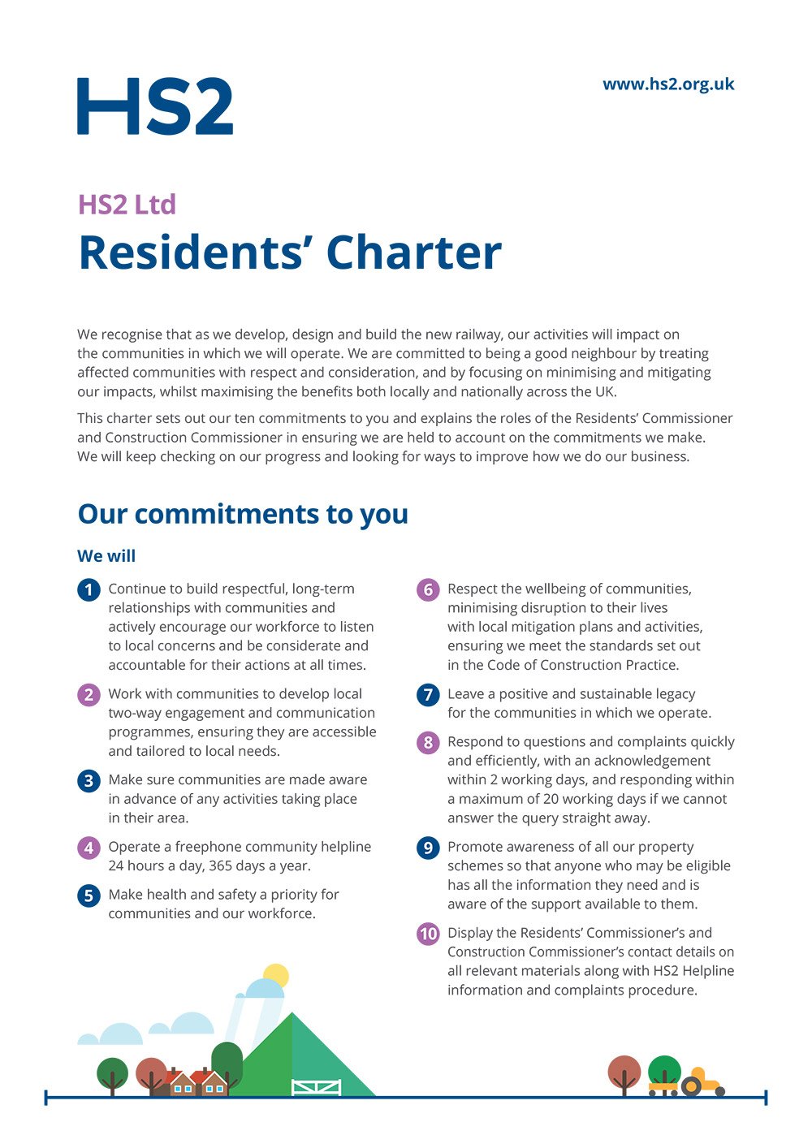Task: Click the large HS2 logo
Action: click(x=155, y=106)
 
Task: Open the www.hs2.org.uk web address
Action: click(x=668, y=84)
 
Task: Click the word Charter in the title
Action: click(x=414, y=252)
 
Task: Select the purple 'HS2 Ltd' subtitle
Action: click(x=127, y=205)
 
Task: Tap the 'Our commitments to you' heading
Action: click(x=243, y=514)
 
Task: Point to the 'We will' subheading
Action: click(x=106, y=556)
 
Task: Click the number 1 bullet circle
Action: click(x=89, y=589)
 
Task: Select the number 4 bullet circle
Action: click(x=89, y=848)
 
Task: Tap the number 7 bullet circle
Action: click(x=428, y=695)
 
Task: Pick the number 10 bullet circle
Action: click(x=428, y=934)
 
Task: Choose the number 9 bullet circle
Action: click(x=428, y=848)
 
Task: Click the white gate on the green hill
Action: click(x=316, y=1087)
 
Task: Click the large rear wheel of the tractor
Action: click(x=691, y=1086)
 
